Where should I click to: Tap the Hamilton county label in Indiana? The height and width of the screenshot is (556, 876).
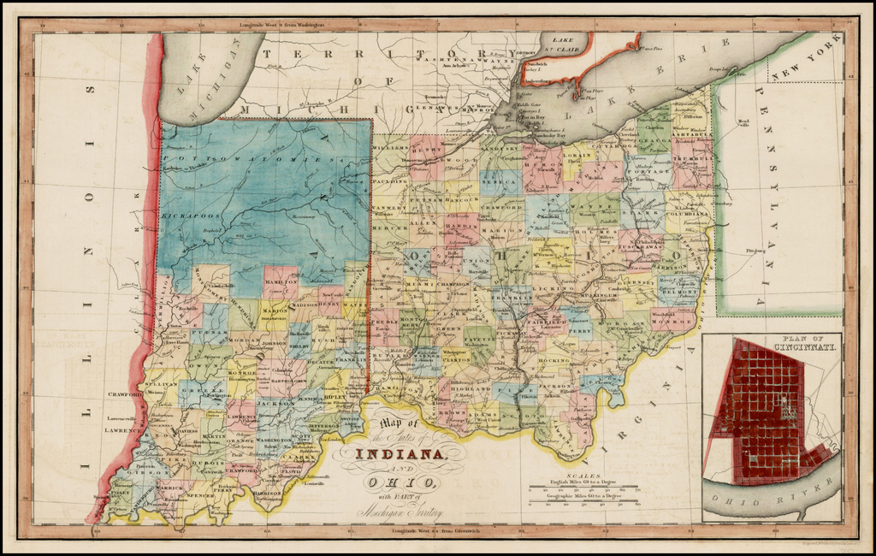(x=281, y=270)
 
